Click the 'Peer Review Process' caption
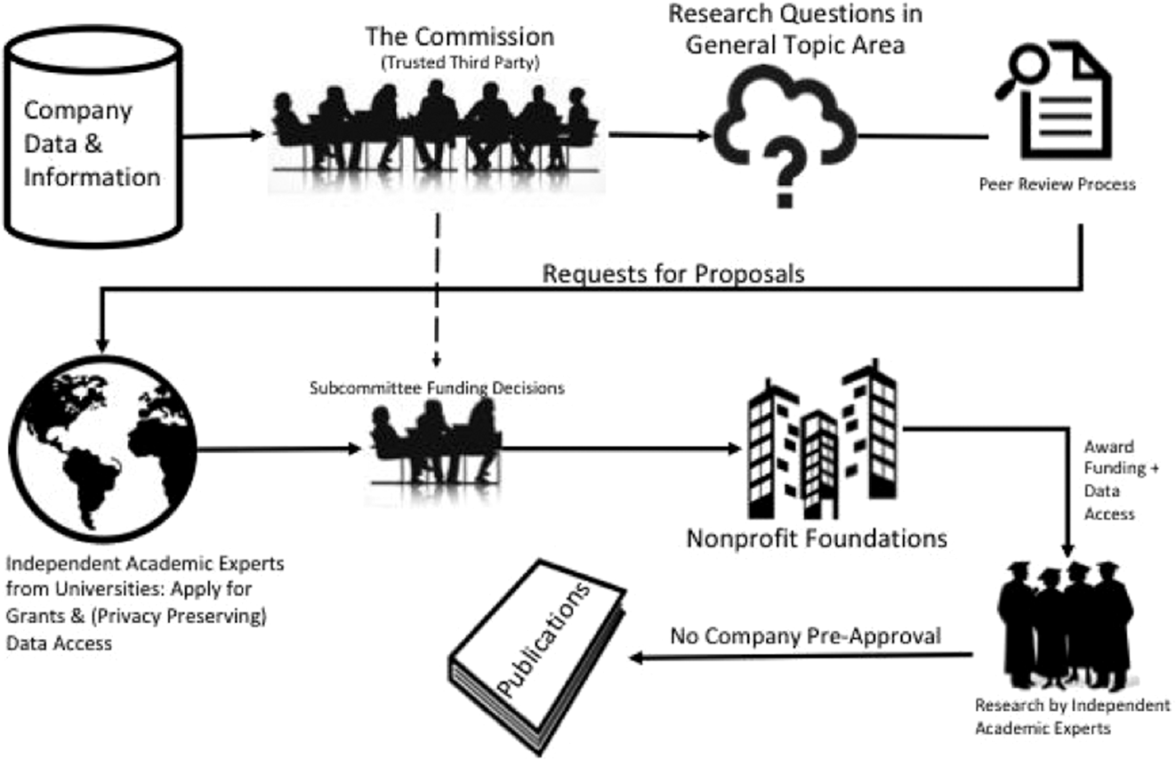(1057, 184)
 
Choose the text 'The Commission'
(460, 36)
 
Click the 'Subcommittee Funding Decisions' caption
(437, 388)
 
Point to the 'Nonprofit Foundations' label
(817, 538)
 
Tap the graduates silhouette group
(1066, 624)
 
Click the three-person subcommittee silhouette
(436, 441)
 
